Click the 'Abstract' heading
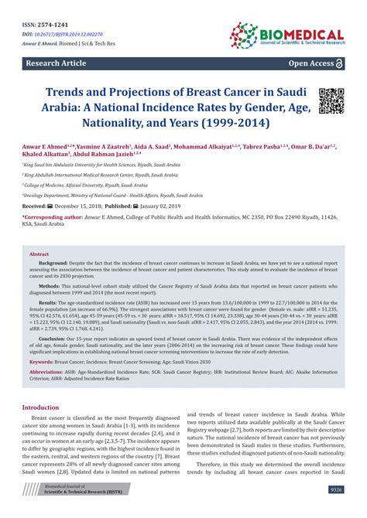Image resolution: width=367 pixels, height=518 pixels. coord(39,253)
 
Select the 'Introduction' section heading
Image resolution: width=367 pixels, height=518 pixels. coord(46,407)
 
